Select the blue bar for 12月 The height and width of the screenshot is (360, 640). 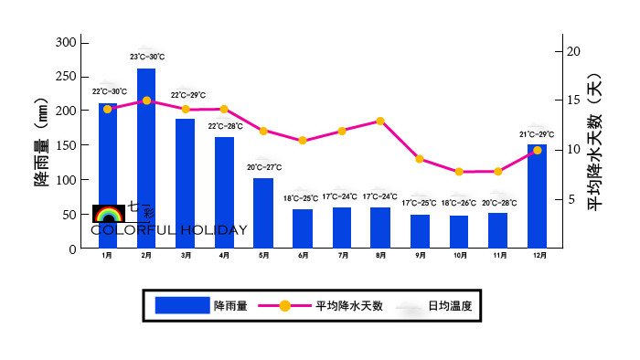click(x=537, y=196)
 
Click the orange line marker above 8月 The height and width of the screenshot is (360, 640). click(x=380, y=121)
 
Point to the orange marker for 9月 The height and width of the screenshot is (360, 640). click(x=420, y=159)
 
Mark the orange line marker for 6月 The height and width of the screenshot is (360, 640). click(x=303, y=141)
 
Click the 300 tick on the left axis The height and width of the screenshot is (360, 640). click(x=66, y=43)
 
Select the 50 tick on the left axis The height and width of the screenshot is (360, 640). click(x=69, y=215)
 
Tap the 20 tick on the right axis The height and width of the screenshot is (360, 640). click(x=573, y=51)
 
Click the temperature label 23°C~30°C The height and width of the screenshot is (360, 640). click(x=146, y=57)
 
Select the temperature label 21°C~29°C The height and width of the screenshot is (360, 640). click(x=537, y=134)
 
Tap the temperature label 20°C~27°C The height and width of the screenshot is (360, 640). click(x=263, y=167)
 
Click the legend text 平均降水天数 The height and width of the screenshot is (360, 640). click(x=349, y=306)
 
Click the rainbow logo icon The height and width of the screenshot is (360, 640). click(x=109, y=215)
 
